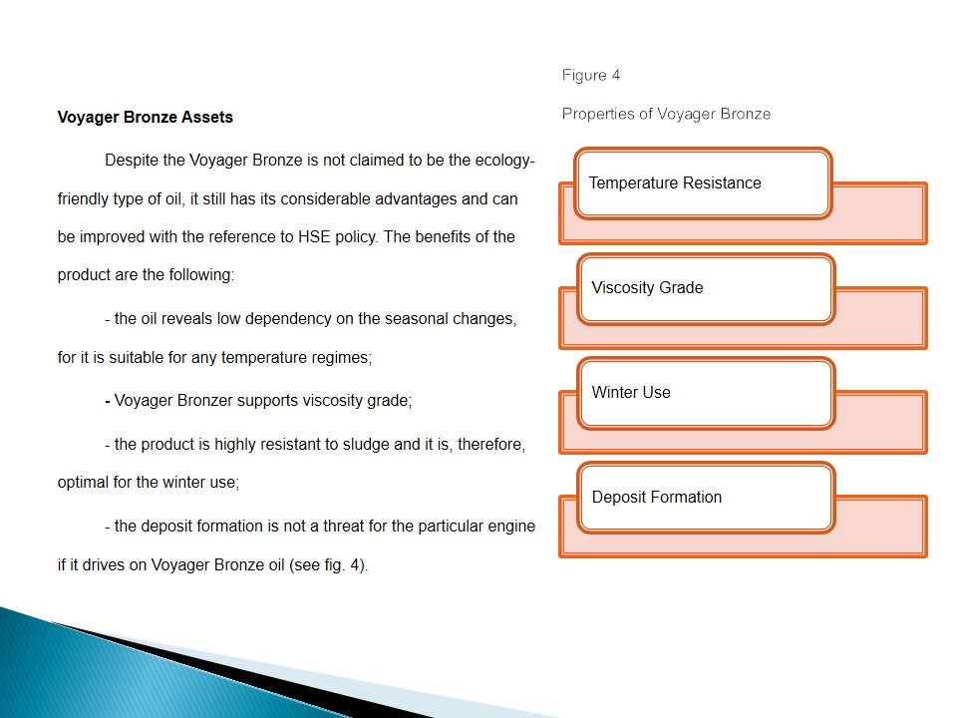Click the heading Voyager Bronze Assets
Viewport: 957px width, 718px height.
tap(145, 117)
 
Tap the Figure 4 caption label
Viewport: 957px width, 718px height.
tap(591, 75)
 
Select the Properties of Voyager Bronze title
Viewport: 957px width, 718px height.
tap(666, 114)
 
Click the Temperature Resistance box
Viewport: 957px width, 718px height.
tap(703, 183)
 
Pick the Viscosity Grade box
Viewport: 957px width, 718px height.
tap(705, 288)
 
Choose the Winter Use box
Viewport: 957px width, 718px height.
tap(705, 393)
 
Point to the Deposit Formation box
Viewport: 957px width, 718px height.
tap(705, 498)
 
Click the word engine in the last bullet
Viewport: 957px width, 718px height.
tap(511, 526)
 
